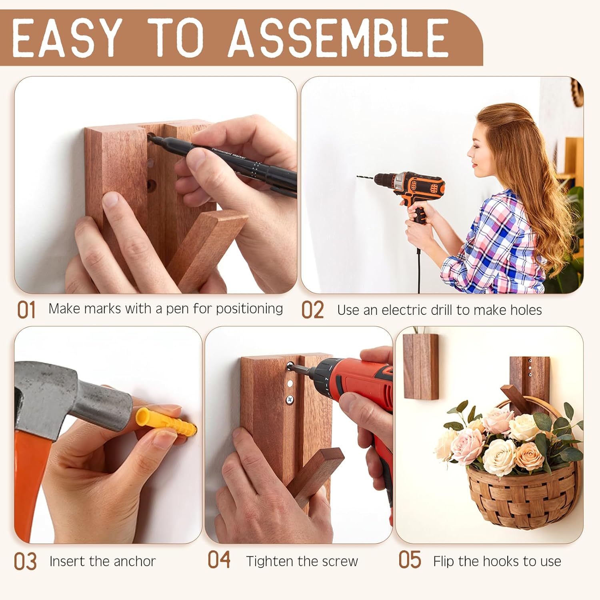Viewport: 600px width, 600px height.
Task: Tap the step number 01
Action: tap(26, 310)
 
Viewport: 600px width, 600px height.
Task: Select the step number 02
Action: tap(312, 310)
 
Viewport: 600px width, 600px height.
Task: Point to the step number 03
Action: tap(25, 562)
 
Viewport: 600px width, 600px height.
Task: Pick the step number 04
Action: tap(219, 560)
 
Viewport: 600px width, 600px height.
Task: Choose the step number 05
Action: tap(410, 560)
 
